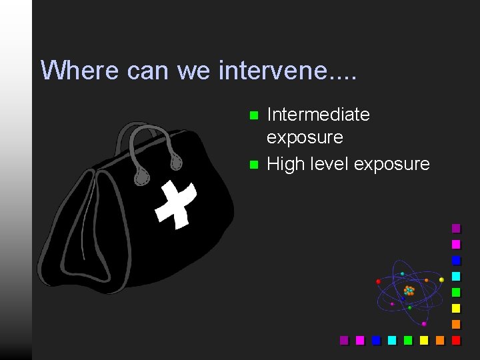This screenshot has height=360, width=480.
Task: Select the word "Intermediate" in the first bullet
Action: point(318,115)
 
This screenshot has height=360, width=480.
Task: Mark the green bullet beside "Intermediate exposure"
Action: point(253,115)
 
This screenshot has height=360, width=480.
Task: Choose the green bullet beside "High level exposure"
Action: point(253,164)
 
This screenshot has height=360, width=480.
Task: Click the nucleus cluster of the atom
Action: point(409,291)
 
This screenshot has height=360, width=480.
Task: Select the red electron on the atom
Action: point(379,281)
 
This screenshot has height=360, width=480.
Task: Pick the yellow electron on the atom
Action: point(441,279)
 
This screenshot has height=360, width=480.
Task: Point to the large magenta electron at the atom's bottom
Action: point(424,323)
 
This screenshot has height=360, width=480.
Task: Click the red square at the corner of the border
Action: point(456,340)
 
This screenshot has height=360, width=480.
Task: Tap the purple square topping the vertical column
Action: point(456,228)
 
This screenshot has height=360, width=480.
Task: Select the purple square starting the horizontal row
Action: point(344,340)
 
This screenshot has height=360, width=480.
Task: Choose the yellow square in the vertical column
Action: point(456,308)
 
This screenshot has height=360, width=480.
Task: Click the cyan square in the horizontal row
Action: point(392,340)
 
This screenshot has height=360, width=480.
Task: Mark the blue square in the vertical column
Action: point(456,260)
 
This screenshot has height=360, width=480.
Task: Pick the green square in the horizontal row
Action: point(408,340)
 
